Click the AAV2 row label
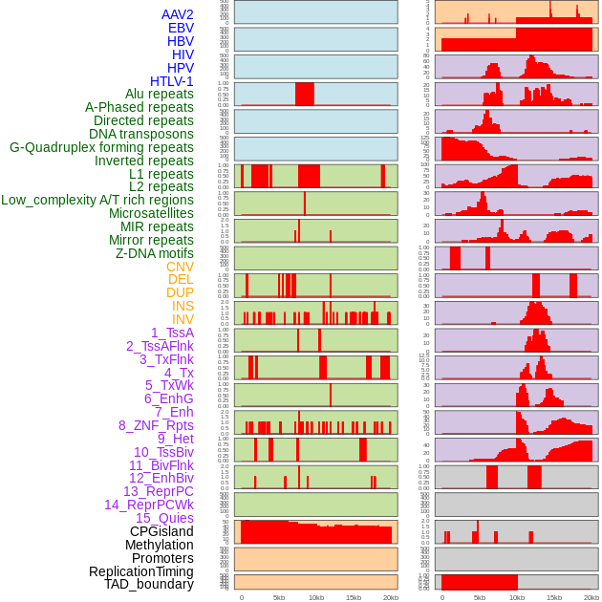coord(177,14)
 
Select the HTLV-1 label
coord(171,81)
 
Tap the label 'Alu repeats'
coord(159,94)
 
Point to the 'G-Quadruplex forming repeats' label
coord(101,147)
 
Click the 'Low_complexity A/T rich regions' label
coord(97,200)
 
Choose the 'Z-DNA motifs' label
coord(154,253)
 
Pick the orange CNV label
coord(180,267)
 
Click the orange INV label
coord(183,319)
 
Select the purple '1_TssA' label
coord(172,333)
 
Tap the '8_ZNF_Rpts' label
coord(156,425)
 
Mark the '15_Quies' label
coord(164,518)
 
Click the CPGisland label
coord(161,531)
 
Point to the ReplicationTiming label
coord(140,571)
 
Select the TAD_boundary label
coord(148,584)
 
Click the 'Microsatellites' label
coord(151,213)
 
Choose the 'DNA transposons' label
coord(140,134)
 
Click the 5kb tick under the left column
coord(279,597)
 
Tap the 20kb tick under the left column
coord(390,597)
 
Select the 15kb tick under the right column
coord(554,597)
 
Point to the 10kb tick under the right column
coord(517,597)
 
